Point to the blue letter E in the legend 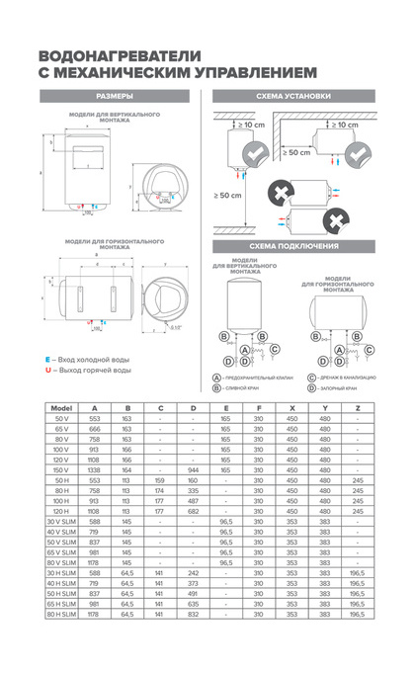click(x=47, y=359)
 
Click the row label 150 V click(x=62, y=471)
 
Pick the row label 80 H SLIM click(x=62, y=642)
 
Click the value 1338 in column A click(x=95, y=471)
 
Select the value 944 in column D click(x=193, y=471)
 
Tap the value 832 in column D click(x=193, y=642)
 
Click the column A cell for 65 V click(x=95, y=429)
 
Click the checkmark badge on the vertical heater click(x=254, y=152)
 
